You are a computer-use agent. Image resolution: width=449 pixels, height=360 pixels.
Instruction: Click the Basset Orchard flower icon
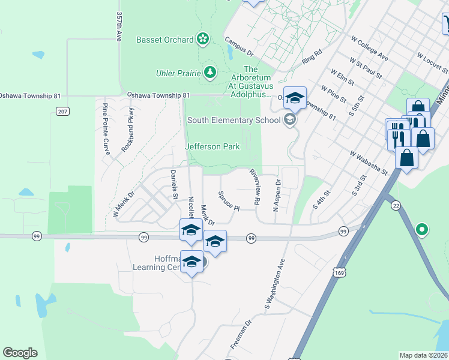tap(203, 40)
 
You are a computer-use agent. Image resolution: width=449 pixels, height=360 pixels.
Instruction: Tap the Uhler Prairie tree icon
tap(209, 73)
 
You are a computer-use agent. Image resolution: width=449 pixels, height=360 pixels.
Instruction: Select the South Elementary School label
tap(234, 120)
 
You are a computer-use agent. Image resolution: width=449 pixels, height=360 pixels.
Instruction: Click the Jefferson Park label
tap(212, 146)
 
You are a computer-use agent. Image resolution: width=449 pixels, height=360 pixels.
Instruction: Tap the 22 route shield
tap(395, 205)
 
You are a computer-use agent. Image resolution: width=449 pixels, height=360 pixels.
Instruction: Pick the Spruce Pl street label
tap(229, 200)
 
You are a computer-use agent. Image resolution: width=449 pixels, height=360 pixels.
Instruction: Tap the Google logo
tap(20, 353)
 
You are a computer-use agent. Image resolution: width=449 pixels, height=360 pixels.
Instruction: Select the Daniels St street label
tap(173, 185)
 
